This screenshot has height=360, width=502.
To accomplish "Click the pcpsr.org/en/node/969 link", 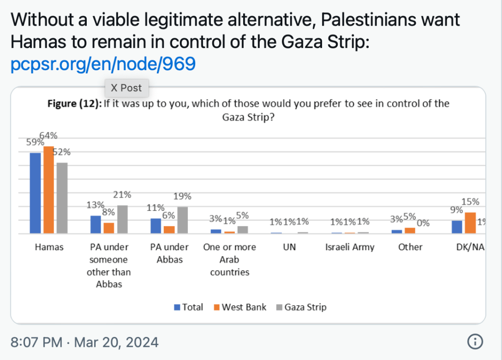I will pyautogui.click(x=103, y=64).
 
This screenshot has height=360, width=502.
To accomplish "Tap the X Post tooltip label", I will pyautogui.click(x=126, y=88).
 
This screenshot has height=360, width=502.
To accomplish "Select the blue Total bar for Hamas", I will pyautogui.click(x=35, y=193).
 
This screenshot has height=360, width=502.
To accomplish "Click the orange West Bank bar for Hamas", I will pyautogui.click(x=48, y=190).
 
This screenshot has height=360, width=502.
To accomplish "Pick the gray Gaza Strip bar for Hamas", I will pyautogui.click(x=61, y=198).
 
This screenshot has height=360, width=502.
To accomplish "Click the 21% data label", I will pyautogui.click(x=122, y=195).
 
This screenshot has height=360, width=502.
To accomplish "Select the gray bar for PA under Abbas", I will pyautogui.click(x=182, y=220).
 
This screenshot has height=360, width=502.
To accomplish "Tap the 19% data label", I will pyautogui.click(x=182, y=196).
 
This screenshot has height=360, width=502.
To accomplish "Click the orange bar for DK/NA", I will pyautogui.click(x=470, y=223).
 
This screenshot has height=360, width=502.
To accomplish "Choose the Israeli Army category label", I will pyautogui.click(x=350, y=247).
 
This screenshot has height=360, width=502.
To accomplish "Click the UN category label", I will pyautogui.click(x=290, y=247).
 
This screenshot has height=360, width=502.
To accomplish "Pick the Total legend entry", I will pyautogui.click(x=188, y=308).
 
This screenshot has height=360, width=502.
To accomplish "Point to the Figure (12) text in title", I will pyautogui.click(x=74, y=104).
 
